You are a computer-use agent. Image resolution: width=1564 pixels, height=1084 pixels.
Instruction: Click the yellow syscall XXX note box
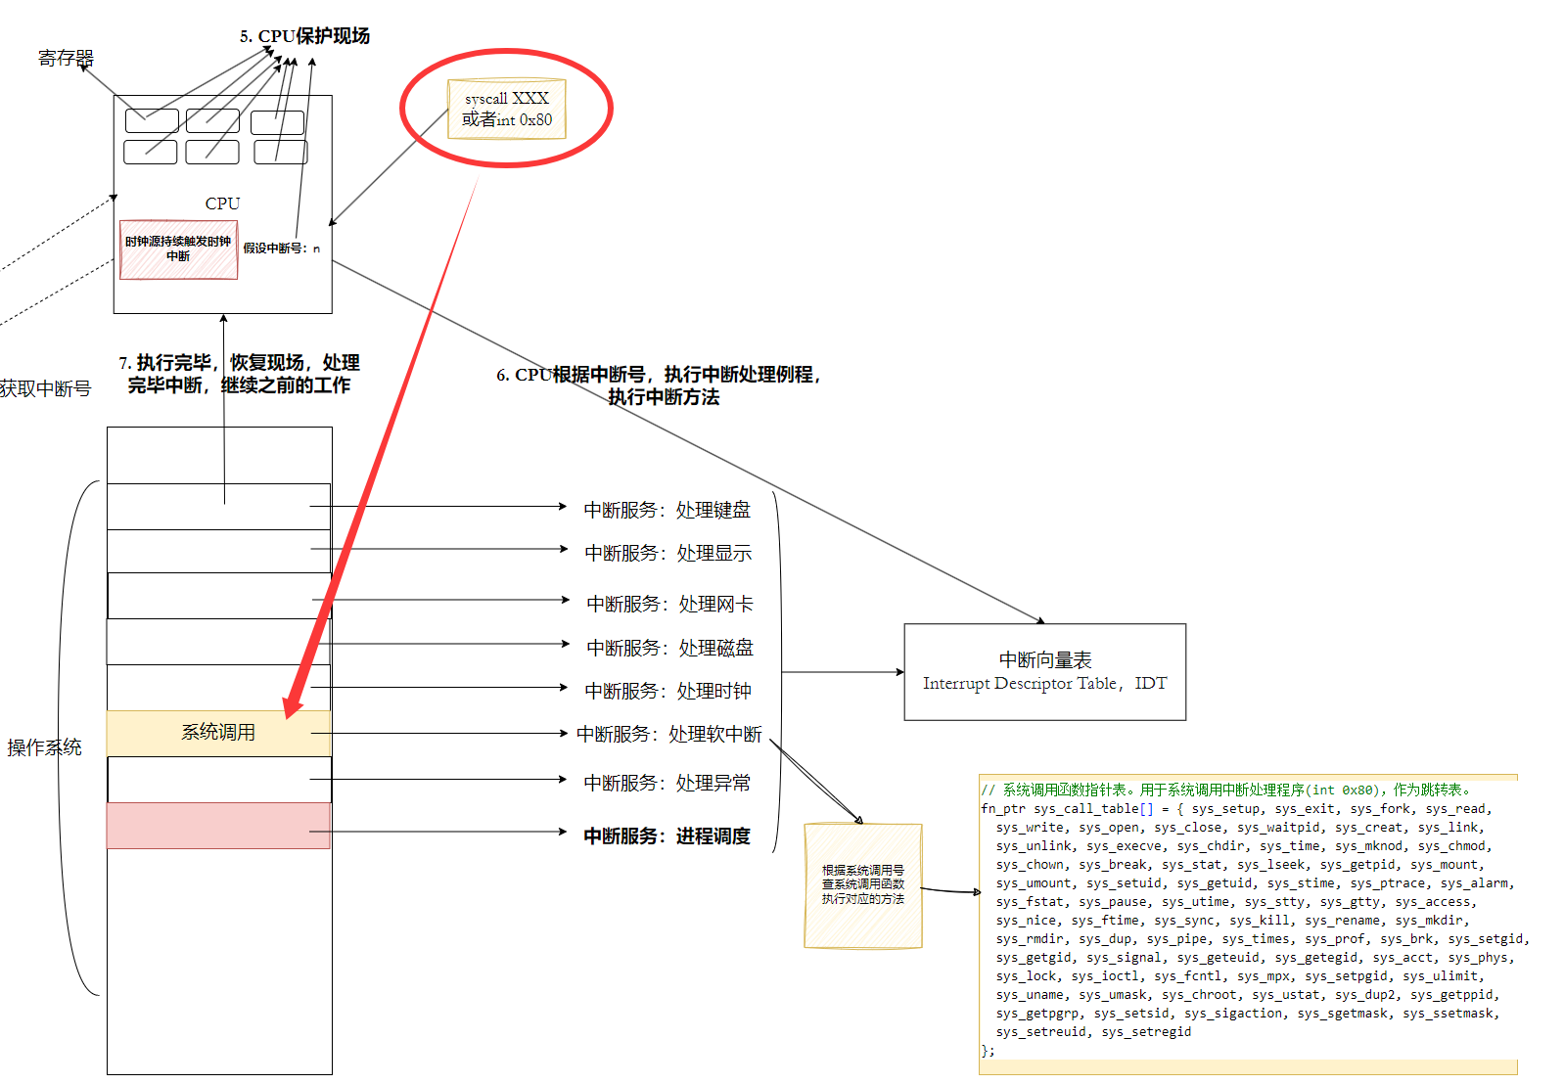[x=506, y=109]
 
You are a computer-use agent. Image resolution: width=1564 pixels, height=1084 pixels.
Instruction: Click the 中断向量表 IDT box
[x=1044, y=672]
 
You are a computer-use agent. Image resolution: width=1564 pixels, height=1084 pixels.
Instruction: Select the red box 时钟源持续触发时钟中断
[x=178, y=249]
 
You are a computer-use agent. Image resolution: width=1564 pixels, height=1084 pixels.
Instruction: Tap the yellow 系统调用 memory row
[x=218, y=733]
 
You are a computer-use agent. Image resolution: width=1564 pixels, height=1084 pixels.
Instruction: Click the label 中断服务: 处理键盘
[x=667, y=510]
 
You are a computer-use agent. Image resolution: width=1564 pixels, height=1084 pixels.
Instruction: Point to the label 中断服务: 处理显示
[x=667, y=553]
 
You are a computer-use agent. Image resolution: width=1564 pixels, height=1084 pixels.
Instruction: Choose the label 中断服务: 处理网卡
[x=669, y=604]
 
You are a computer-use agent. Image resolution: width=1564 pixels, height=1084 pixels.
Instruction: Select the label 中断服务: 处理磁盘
[x=669, y=648]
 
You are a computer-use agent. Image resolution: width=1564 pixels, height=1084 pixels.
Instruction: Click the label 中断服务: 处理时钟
[x=667, y=691]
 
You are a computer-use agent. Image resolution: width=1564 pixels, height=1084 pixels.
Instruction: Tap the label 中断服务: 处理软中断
[x=668, y=734]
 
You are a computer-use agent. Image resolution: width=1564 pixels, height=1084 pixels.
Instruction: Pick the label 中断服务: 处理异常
[x=667, y=783]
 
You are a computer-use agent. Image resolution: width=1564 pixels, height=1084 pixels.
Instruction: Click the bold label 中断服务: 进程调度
[x=667, y=836]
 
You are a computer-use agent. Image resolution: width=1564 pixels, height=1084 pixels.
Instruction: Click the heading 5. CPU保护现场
[x=304, y=36]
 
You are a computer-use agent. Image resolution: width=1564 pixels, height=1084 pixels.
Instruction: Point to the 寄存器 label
[x=66, y=59]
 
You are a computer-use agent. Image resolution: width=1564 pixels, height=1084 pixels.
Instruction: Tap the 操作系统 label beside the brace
[x=44, y=747]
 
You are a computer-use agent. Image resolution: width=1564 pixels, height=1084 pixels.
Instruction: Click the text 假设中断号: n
[x=282, y=248]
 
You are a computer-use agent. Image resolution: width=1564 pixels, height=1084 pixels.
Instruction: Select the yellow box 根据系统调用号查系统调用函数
[x=862, y=884]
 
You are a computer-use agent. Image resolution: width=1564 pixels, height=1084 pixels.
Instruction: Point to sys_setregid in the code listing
[x=1146, y=1032]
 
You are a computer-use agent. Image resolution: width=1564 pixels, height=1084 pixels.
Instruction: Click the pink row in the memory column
[x=218, y=826]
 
